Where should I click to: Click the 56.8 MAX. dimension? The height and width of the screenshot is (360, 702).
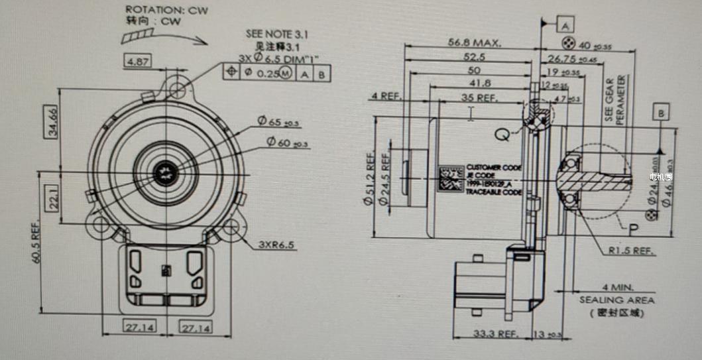(474, 42)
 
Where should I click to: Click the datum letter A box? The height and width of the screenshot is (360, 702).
(566, 25)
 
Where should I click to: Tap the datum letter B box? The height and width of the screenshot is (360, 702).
(660, 113)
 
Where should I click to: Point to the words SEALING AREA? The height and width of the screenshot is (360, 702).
(617, 300)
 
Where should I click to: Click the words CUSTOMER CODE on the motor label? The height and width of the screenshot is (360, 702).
(495, 167)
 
